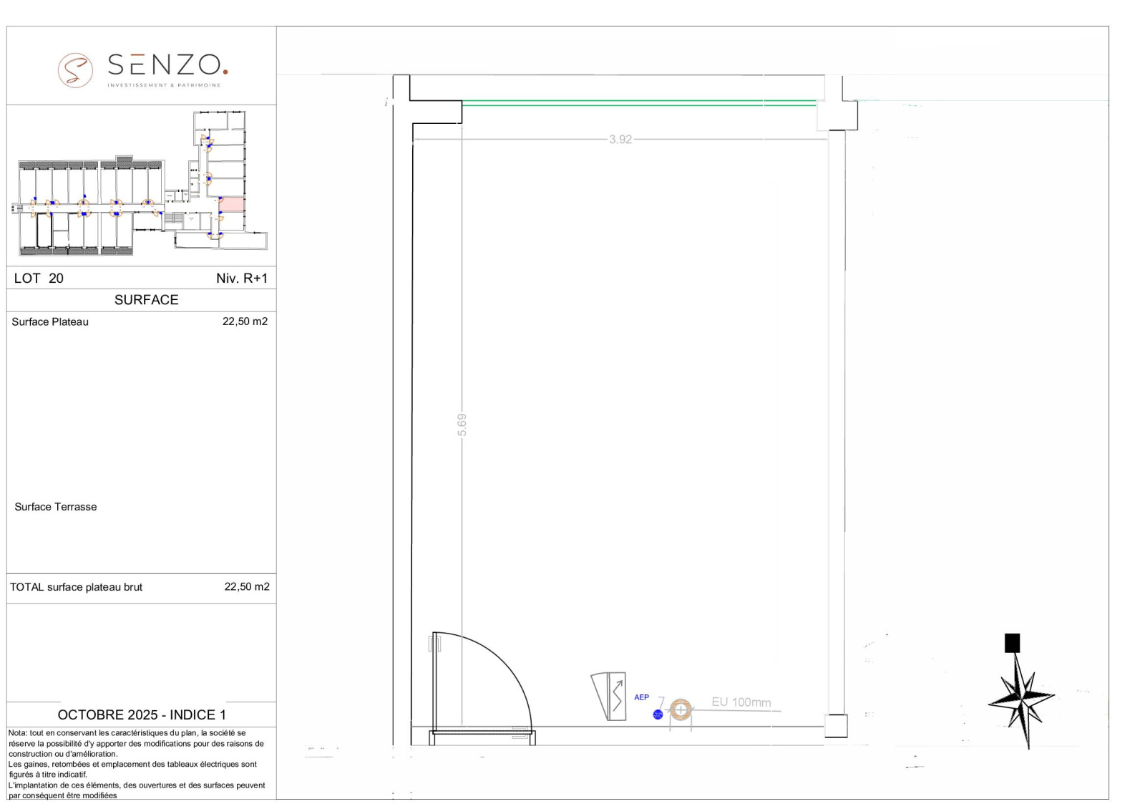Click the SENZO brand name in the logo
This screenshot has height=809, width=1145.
point(167,65)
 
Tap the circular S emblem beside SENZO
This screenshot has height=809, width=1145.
point(75,70)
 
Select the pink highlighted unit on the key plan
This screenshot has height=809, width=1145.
point(232,204)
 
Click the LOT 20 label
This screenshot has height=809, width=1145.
point(39,278)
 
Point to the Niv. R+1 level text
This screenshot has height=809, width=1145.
point(242,278)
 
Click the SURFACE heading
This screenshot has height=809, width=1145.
point(146,300)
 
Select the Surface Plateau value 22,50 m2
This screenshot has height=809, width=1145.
point(245,321)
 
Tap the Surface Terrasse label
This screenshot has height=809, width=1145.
point(55,507)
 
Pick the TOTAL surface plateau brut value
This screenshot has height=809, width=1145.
point(247,586)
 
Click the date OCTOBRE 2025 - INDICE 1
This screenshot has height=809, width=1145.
point(142,715)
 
